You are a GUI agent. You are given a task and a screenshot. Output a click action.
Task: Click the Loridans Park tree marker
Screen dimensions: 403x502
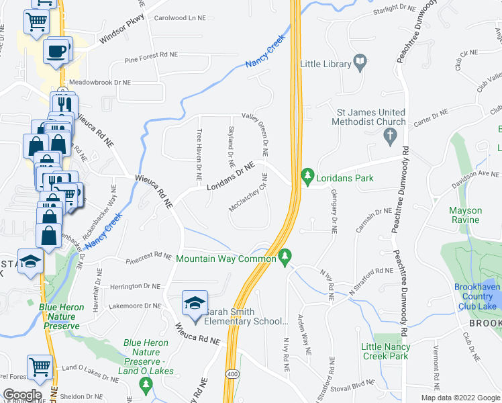point(307,177)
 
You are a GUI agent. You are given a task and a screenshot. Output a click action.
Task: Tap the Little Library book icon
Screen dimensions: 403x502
point(360,64)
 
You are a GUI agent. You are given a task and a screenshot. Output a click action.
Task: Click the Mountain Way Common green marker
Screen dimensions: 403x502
point(285,257)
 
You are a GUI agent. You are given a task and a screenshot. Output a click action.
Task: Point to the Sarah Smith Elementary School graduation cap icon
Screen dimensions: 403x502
point(195,304)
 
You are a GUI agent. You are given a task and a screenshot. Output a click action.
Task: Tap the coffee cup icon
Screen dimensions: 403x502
point(57,50)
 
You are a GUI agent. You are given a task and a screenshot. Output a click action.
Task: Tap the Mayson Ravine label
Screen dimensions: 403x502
point(465,215)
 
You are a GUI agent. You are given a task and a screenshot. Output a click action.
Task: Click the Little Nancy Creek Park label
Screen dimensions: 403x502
point(385,351)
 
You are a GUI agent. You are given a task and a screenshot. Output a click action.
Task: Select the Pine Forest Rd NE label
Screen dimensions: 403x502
point(151,60)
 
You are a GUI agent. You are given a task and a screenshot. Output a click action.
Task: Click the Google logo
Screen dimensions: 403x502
point(22,395)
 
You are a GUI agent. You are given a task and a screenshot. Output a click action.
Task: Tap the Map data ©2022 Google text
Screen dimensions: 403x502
point(460,398)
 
